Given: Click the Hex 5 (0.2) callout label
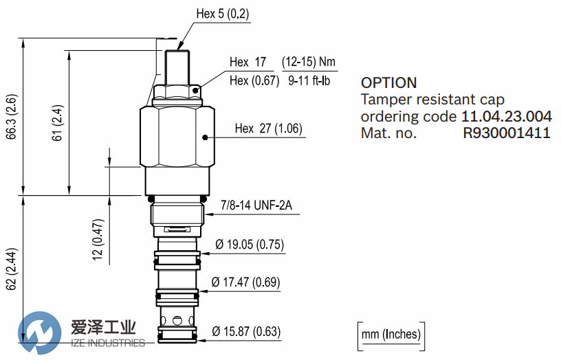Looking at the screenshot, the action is pos(223,14).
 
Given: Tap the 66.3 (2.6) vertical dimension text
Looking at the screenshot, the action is pos(12,117).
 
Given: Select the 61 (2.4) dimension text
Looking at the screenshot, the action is pos(58,123).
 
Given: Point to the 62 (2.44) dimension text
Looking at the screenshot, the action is pos(12,269).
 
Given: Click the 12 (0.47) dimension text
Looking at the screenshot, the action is pos(98,240).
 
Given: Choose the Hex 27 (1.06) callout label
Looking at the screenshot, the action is pos(268,128).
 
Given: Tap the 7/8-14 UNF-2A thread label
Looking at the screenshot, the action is pos(256,205).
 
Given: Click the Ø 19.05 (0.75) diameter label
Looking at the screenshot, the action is pos(250,245).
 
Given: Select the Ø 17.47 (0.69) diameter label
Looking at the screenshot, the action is pos(245,282).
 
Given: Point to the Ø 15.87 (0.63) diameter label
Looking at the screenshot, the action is pos(246,331).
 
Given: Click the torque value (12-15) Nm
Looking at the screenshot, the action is pos(309,62).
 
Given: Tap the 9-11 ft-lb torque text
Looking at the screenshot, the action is pos(309,81).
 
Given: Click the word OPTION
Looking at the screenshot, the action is pos(389,83).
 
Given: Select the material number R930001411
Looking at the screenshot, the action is pos(506,133).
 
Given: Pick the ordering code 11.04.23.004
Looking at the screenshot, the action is pos(506,117).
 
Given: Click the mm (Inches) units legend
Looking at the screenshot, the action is pos(391,335).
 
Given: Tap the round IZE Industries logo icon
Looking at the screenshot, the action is pos(39,333).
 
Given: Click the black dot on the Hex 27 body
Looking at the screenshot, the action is pos(205,137).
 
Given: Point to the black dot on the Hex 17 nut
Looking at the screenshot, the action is pos(195,91).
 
